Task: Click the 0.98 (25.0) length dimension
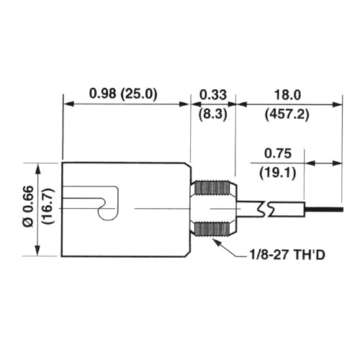(x=123, y=94)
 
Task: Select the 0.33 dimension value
(x=213, y=94)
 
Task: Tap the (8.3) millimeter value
(x=213, y=113)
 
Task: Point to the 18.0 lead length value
(x=288, y=94)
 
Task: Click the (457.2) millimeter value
(x=288, y=113)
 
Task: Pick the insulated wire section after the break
(x=288, y=210)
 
